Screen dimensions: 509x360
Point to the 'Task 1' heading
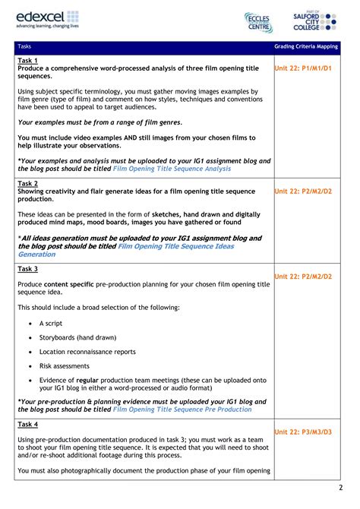coord(28,60)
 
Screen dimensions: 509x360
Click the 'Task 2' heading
coord(28,184)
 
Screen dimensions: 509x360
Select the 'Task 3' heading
coord(28,269)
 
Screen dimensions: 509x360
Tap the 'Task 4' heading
coord(28,424)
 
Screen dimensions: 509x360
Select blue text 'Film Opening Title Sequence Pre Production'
coord(182,409)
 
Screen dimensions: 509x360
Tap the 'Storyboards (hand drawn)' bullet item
coord(77,337)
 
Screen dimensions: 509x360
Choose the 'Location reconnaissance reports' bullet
coord(87,352)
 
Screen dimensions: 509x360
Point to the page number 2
coord(340,487)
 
